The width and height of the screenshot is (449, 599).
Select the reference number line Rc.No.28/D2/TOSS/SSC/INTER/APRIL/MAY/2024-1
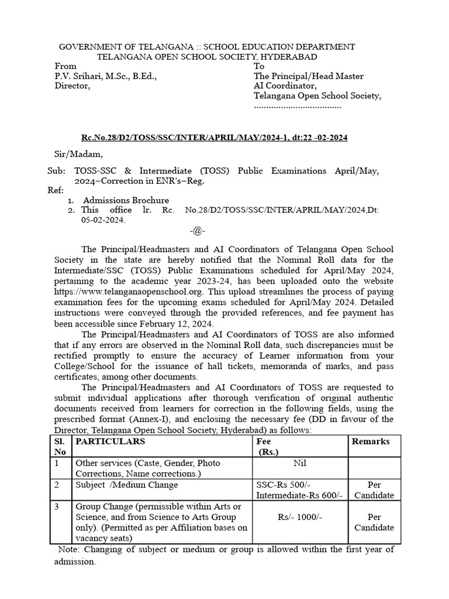[x=214, y=137]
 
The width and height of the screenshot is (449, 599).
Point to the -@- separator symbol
[x=197, y=230]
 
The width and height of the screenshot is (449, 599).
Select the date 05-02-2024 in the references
[x=103, y=221]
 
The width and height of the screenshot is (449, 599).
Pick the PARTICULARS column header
[x=110, y=441]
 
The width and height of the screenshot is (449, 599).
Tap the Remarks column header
[x=370, y=441]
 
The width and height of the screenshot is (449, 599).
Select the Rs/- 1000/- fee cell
[x=301, y=517]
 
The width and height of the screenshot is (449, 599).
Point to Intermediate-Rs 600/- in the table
[x=300, y=495]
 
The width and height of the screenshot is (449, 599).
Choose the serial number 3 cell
[x=57, y=507]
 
